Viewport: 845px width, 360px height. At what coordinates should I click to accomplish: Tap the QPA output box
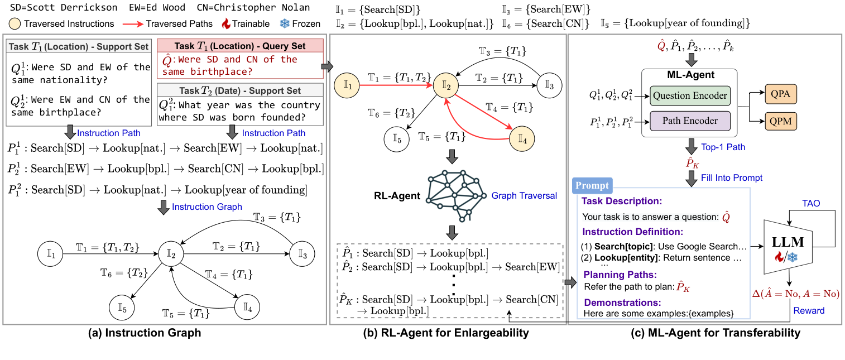(780, 95)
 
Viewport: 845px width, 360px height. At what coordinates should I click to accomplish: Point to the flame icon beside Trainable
(226, 23)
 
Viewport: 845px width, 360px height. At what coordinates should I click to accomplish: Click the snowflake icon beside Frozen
(284, 23)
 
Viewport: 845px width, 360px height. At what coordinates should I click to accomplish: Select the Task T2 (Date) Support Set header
(239, 90)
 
